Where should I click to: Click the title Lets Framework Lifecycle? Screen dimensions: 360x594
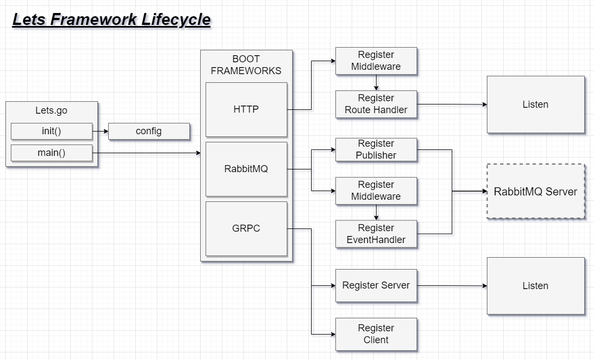111,20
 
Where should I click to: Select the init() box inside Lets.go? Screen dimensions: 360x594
51,131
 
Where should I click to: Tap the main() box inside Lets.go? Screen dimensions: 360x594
51,153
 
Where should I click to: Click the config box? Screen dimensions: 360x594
149,131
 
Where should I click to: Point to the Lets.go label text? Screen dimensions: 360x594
51,110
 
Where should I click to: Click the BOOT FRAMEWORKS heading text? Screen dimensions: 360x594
246,65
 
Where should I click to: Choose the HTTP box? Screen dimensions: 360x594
246,109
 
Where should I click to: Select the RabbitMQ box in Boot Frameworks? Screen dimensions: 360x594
246,169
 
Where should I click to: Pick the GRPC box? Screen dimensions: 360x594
246,228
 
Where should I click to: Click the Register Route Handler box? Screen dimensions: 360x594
376,104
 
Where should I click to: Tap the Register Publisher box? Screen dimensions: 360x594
376,149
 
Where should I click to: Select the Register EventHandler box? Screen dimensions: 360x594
376,234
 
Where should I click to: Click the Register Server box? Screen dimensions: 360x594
376,285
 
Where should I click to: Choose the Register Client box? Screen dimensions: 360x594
376,334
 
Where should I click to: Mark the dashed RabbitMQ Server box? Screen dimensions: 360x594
536,192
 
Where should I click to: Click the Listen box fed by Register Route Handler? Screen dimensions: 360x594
536,104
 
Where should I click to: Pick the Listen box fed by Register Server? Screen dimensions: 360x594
536,286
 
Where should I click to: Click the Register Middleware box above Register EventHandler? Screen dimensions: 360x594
376,191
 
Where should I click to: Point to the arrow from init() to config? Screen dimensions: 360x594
100,131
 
